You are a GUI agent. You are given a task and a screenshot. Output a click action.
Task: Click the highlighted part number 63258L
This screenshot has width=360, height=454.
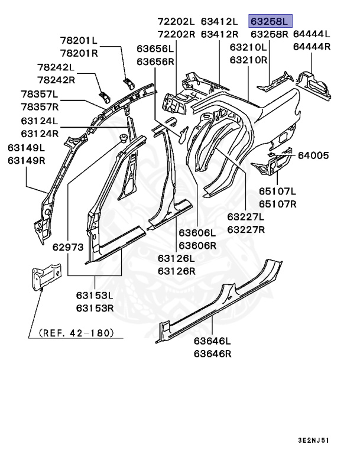[x=270, y=21]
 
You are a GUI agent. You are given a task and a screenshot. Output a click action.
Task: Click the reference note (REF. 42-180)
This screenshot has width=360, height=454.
[x=76, y=333]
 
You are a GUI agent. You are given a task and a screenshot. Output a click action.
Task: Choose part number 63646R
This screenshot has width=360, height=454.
[x=212, y=354]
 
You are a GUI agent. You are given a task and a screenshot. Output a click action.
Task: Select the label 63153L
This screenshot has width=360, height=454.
[x=95, y=295]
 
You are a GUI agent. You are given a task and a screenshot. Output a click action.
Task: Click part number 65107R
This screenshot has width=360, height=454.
[x=277, y=204]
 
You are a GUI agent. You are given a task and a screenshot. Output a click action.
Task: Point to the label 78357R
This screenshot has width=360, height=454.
[x=40, y=106]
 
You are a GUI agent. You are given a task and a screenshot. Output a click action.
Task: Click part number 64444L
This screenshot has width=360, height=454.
[x=311, y=34]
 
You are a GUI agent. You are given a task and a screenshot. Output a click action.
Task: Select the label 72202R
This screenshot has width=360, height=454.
[x=176, y=34]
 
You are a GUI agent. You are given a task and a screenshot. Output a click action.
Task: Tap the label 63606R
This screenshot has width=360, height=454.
[x=197, y=245]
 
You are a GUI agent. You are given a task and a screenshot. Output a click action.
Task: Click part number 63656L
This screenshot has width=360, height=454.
[x=155, y=48]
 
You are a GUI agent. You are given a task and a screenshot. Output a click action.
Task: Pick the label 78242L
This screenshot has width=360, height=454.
[x=56, y=67]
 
